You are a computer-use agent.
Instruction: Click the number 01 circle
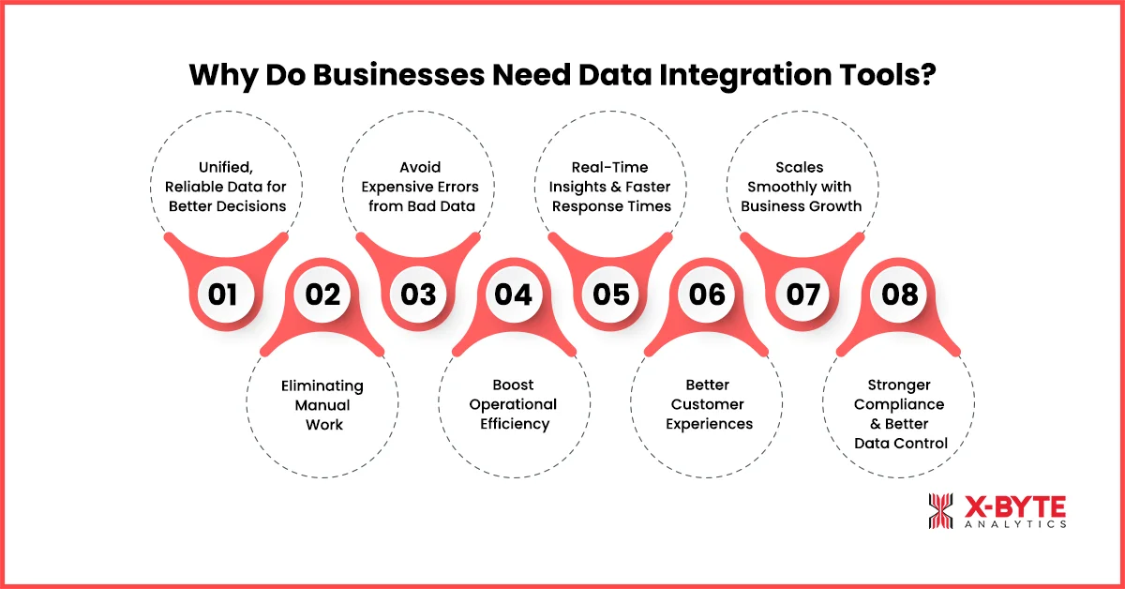223,294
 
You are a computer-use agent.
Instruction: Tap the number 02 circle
322,294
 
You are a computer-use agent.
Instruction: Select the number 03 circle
418,294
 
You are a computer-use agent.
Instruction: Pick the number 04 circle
514,294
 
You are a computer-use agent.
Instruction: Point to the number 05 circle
611,294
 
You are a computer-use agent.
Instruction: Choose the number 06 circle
708,294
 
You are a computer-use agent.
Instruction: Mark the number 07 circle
803,294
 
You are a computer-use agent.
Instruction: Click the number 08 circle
900,294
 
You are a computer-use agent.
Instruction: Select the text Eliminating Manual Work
322,405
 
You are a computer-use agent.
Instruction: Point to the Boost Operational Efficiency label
514,404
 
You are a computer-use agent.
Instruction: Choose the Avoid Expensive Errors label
418,187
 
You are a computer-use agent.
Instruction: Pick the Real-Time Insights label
611,187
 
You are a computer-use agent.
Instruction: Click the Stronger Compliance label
901,414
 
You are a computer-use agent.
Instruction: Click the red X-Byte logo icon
941,511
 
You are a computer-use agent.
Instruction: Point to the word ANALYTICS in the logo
1015,525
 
